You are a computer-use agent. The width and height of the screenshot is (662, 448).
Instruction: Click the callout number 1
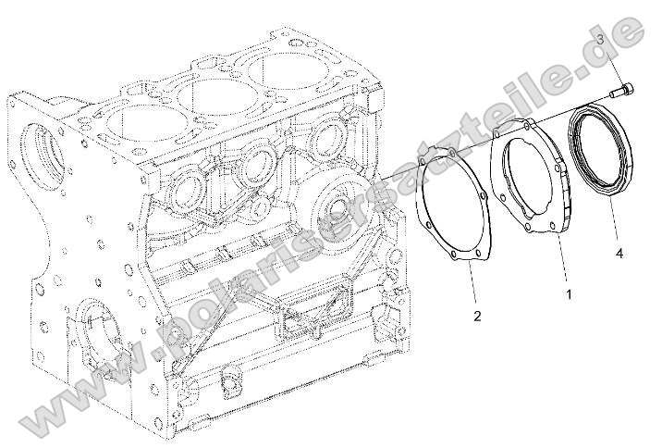coord(569,294)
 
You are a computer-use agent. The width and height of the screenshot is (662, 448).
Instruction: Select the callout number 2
coord(477,317)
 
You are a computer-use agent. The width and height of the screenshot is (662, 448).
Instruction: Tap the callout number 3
coord(599,40)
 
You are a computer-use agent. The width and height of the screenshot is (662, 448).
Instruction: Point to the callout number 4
coord(619,251)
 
